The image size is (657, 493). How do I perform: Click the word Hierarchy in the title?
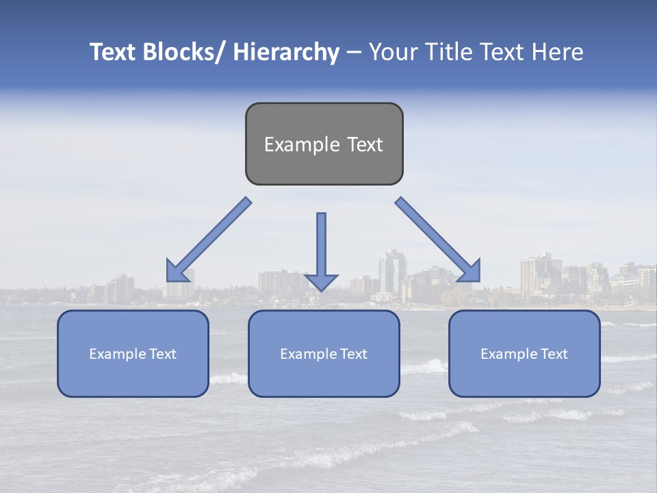coord(286,52)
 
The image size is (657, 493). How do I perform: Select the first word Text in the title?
coord(114,52)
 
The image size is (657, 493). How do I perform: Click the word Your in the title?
coord(392,52)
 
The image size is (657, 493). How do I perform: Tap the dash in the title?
coord(354,53)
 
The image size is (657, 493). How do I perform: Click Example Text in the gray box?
coord(324,144)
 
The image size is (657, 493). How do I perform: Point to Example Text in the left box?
coord(133,354)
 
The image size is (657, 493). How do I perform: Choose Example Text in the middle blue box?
coord(324,354)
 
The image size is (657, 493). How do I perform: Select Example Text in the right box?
coord(524,354)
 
